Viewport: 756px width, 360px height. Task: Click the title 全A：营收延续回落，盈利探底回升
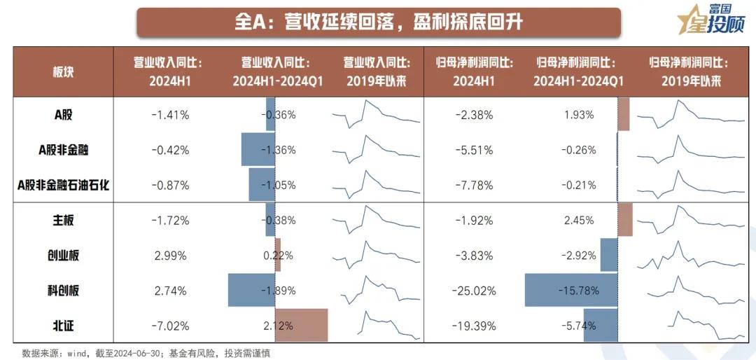[x=378, y=22]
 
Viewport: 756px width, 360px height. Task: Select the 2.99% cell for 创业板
[x=170, y=256]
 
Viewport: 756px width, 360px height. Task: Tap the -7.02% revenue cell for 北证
[x=170, y=326]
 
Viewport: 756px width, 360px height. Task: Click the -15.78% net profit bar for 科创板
[x=570, y=291]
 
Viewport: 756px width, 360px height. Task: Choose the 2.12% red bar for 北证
[x=301, y=325]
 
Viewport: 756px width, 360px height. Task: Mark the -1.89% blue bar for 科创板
[x=251, y=291]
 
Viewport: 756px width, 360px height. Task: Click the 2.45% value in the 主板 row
[x=578, y=221]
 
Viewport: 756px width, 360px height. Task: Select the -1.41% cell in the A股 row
[x=170, y=115]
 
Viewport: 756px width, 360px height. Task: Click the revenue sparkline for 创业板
[x=376, y=256]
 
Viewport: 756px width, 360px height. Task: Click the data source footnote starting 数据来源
[x=146, y=353]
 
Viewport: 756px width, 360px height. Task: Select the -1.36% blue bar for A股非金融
[x=258, y=150]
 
